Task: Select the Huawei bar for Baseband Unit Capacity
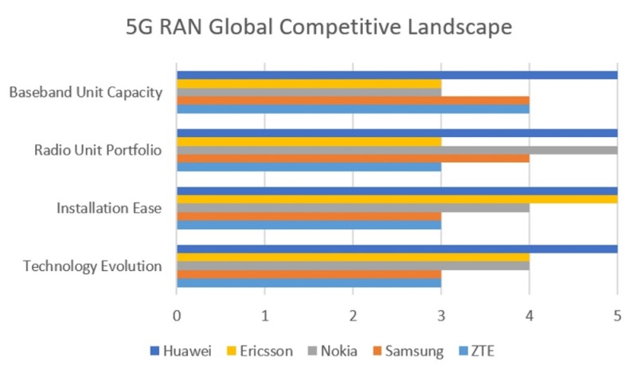[397, 75]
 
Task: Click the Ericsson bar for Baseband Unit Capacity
[308, 84]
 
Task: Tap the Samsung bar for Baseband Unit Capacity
[353, 100]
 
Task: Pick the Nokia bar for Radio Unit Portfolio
[397, 150]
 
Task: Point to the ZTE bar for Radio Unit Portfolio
[308, 167]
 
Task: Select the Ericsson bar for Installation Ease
[397, 199]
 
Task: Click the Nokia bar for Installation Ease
[353, 208]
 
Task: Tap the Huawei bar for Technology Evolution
[397, 249]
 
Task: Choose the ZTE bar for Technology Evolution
[308, 282]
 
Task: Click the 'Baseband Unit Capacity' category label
[86, 92]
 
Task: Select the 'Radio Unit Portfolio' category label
[99, 150]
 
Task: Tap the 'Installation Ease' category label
[109, 208]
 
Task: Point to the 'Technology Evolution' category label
[92, 265]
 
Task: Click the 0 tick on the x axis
[177, 316]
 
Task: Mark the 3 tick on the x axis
[441, 316]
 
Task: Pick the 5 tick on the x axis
[617, 316]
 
